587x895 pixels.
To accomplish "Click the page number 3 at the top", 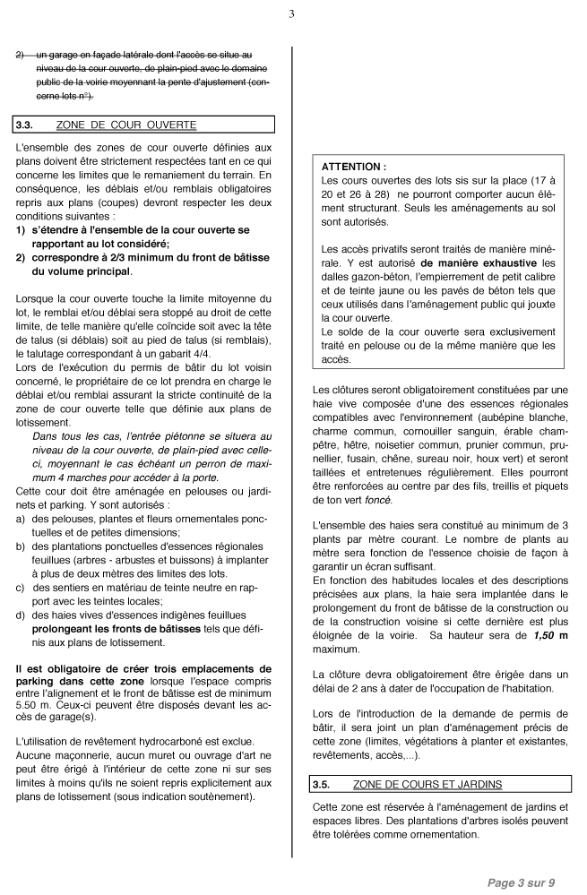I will click(292, 13).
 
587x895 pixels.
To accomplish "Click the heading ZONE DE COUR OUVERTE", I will click(125, 125).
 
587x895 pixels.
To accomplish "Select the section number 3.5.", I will click(321, 784).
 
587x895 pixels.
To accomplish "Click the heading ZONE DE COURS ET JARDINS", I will click(427, 784).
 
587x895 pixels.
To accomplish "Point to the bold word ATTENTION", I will click(353, 167).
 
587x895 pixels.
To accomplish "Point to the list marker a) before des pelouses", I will click(21, 519).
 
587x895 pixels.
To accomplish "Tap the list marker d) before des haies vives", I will click(21, 615).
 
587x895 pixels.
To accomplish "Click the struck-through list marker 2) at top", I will click(21, 55).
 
